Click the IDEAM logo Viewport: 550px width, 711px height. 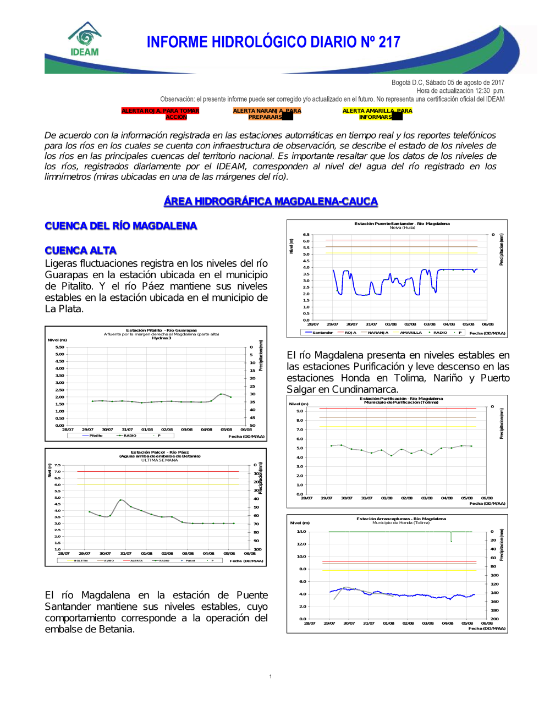pyautogui.click(x=85, y=40)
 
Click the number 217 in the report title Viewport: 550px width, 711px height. pyautogui.click(x=389, y=42)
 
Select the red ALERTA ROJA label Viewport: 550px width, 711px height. pyautogui.click(x=160, y=114)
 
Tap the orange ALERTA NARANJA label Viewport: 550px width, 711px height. pyautogui.click(x=267, y=114)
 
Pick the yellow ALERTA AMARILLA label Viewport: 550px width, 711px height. pyautogui.click(x=377, y=114)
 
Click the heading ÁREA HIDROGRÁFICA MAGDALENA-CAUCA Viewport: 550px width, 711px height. pyautogui.click(x=271, y=201)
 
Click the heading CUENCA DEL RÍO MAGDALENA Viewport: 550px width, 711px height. pyautogui.click(x=121, y=226)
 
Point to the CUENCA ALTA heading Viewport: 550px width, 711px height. pyautogui.click(x=81, y=251)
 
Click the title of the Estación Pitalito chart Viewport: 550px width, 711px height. pyautogui.click(x=161, y=330)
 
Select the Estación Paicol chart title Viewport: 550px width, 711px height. pyautogui.click(x=159, y=453)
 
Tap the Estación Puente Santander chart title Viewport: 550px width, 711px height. pyautogui.click(x=402, y=224)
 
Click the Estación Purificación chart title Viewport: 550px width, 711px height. pyautogui.click(x=401, y=399)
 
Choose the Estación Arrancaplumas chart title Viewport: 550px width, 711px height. pyautogui.click(x=401, y=519)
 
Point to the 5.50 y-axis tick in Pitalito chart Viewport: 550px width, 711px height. pyautogui.click(x=59, y=347)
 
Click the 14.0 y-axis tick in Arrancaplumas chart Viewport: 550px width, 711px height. pyautogui.click(x=301, y=532)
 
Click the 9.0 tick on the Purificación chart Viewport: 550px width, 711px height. pyautogui.click(x=300, y=411)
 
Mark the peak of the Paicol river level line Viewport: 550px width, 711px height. pyautogui.click(x=122, y=500)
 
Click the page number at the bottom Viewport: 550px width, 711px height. pyautogui.click(x=271, y=676)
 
